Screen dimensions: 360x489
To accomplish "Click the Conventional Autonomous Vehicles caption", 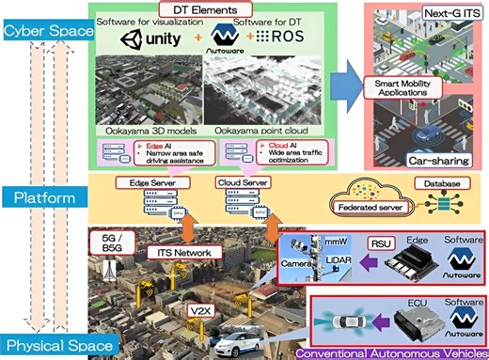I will coord(395,352).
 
